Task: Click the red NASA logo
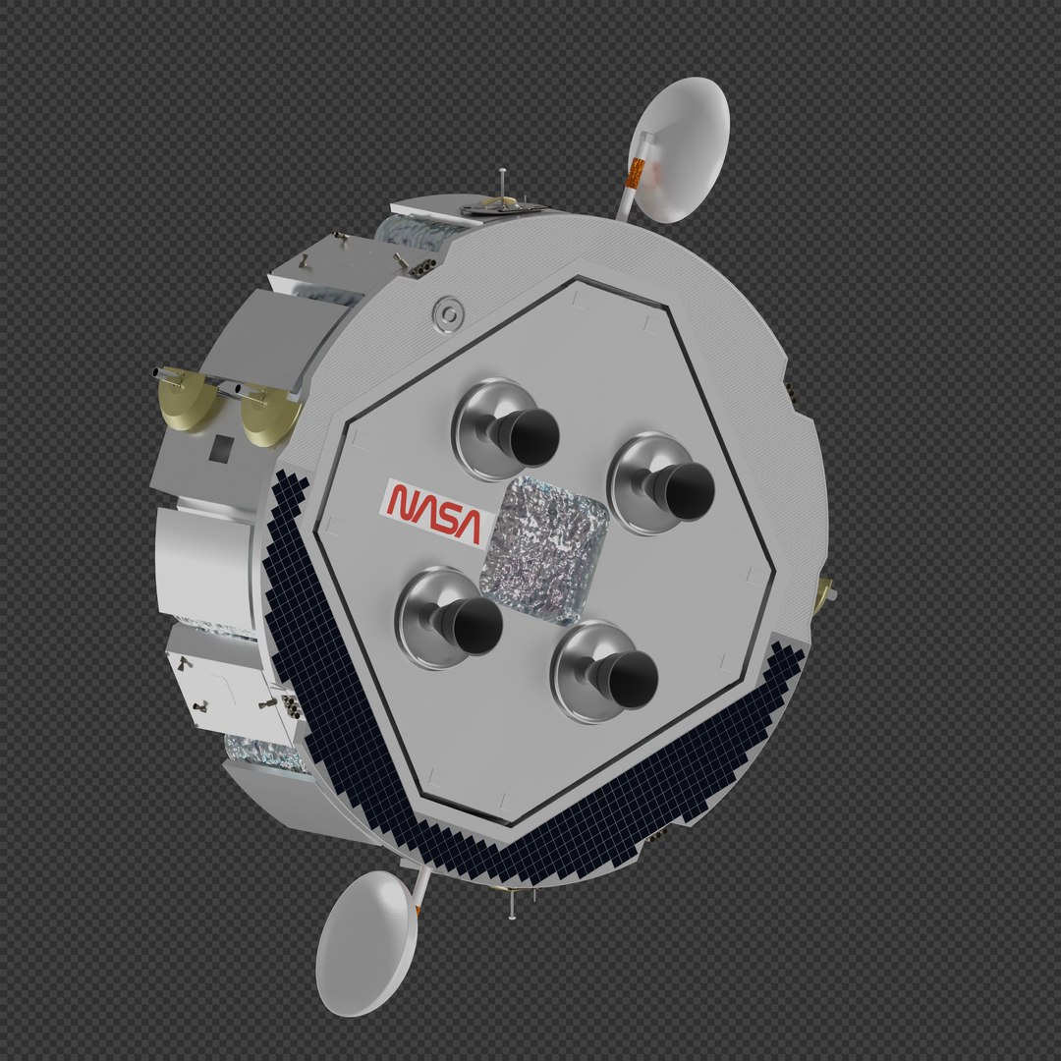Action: click(x=433, y=511)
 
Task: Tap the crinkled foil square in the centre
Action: click(x=542, y=548)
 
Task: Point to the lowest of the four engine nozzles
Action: click(x=608, y=672)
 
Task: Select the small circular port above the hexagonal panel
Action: click(x=448, y=313)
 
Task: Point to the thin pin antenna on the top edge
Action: click(x=502, y=185)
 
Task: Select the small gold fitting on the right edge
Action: click(x=824, y=590)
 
